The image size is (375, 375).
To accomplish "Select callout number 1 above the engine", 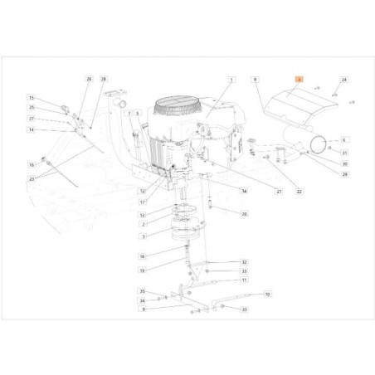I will pos(231,78).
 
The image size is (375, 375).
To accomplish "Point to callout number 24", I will pos(344,79).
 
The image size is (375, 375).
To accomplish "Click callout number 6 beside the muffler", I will pos(344,140).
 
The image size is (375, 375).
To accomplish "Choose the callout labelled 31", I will pos(344,153).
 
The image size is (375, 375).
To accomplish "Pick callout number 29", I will pos(344,175).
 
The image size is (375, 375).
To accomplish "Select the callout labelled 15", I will pos(31,98).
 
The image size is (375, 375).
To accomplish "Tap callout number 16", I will pos(31,164).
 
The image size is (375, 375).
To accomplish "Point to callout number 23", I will pos(31,178).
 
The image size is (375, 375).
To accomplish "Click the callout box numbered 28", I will pos(104,78).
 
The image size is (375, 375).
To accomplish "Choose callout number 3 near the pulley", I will pos(143,236).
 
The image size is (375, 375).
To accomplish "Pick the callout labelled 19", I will pos(143,270).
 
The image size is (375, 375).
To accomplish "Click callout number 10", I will pos(267,294).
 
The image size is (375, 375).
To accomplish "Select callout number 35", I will pos(143,292).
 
